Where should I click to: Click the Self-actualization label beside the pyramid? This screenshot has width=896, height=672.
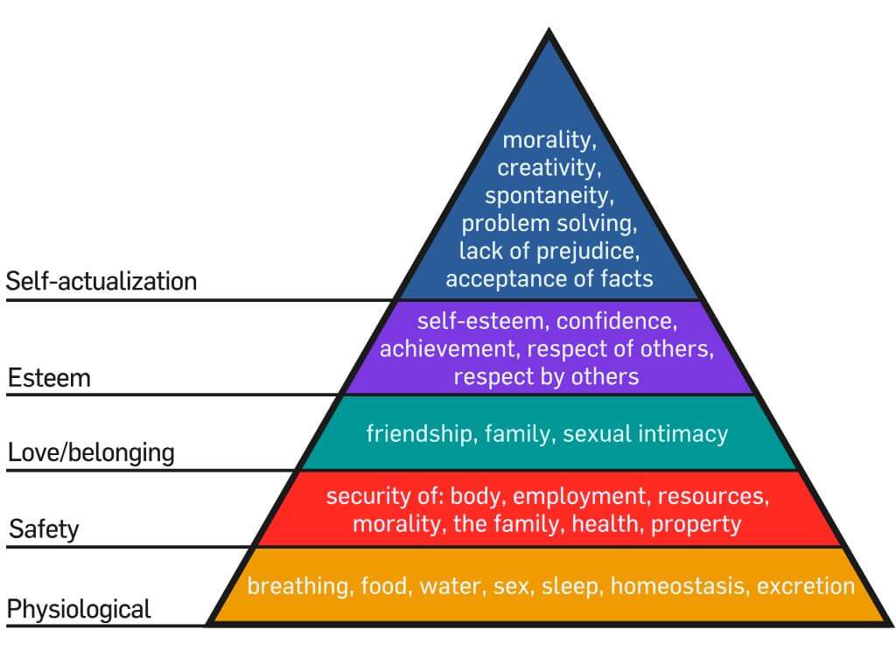101,281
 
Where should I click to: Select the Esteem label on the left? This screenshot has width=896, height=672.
50,378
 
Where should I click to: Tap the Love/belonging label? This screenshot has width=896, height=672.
91,453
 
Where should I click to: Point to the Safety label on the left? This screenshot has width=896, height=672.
44,528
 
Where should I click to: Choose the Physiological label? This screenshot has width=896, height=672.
79,608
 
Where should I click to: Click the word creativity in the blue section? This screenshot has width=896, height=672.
549,168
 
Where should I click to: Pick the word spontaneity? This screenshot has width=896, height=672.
549,195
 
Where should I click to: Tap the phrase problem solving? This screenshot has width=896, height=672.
549,223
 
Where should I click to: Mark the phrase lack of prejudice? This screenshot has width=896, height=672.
549,251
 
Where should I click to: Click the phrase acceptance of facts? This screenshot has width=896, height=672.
549,279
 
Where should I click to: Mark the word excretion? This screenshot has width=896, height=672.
806,585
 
